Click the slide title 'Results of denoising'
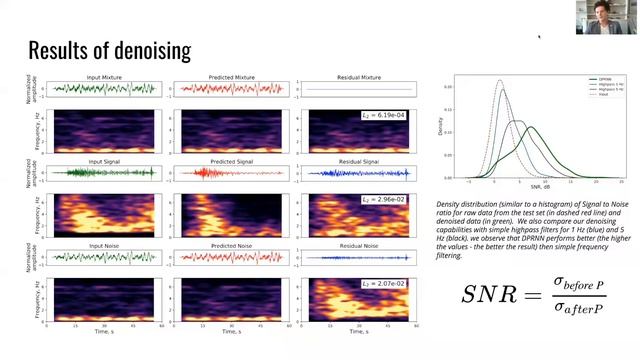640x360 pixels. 109,49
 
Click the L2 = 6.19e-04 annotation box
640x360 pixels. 380,117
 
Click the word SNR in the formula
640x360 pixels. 489,295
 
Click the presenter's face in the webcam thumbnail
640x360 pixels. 607,15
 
